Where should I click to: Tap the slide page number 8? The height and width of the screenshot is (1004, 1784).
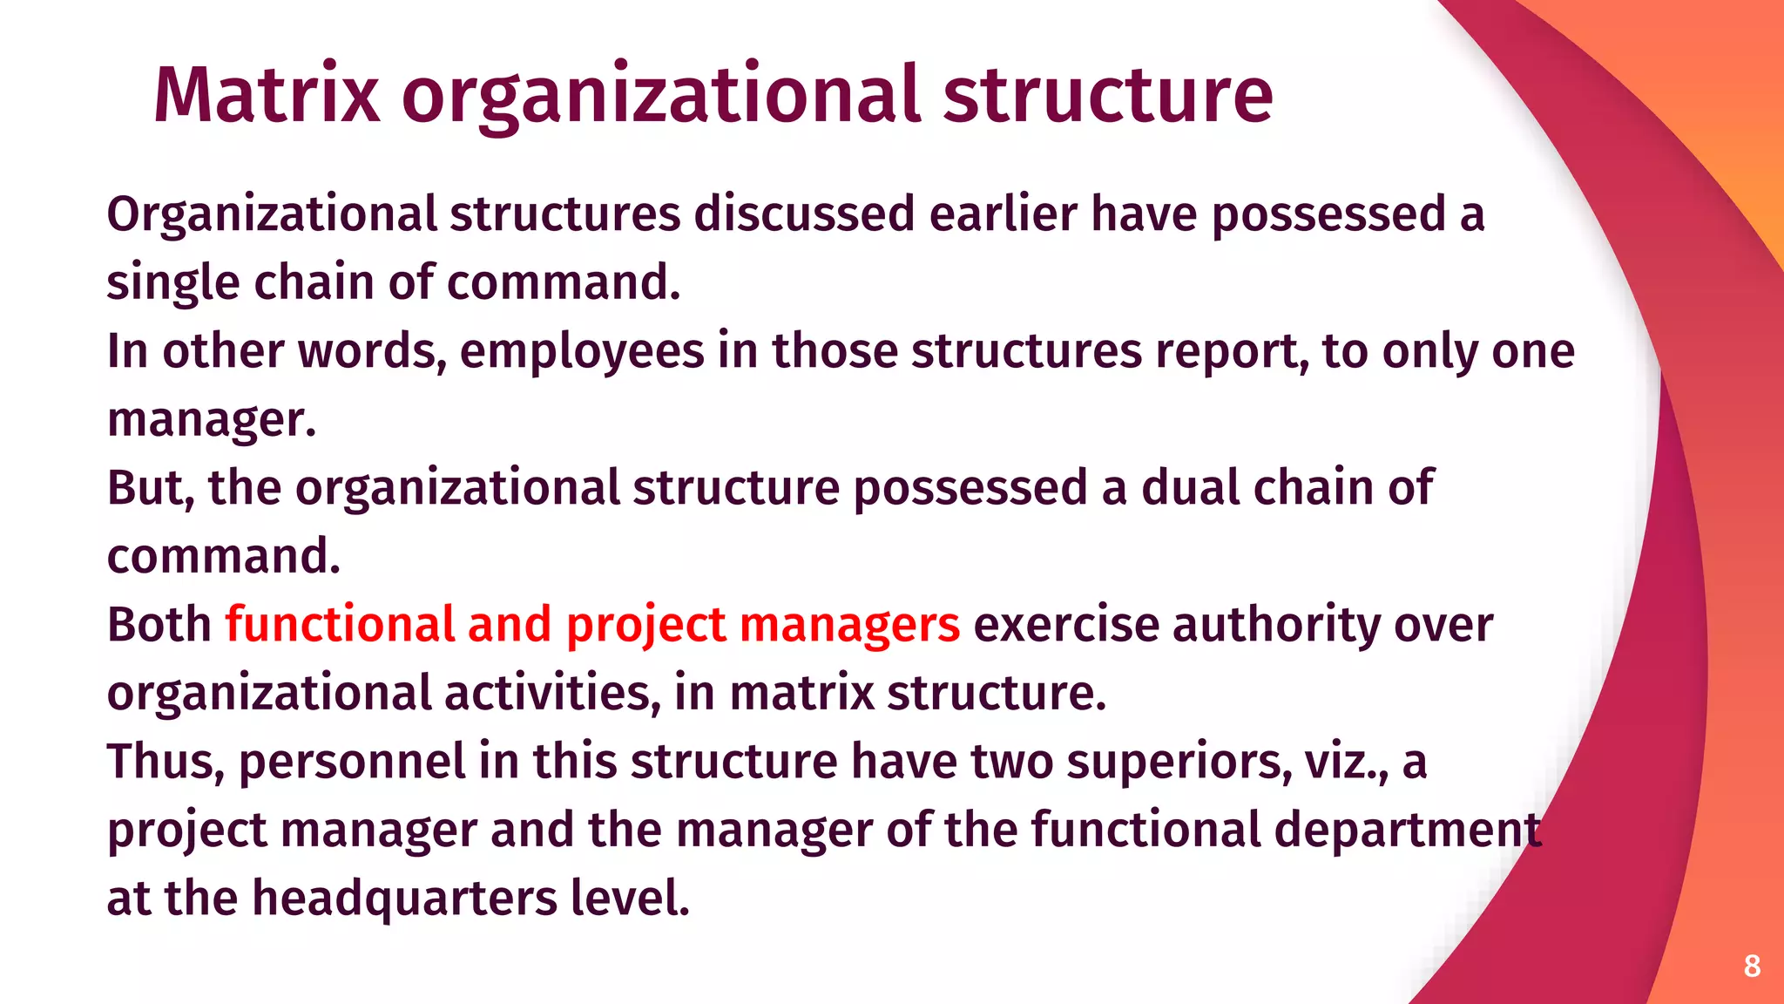[1752, 966]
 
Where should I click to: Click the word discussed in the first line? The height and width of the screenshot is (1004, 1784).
[804, 214]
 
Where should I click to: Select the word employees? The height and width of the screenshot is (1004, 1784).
[581, 352]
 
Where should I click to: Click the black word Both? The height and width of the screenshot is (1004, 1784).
[159, 625]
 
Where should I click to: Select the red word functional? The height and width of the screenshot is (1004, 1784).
[340, 625]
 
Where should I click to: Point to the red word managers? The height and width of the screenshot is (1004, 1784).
[849, 625]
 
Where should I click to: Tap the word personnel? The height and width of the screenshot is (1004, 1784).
[352, 762]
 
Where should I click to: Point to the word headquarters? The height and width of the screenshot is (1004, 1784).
[404, 899]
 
